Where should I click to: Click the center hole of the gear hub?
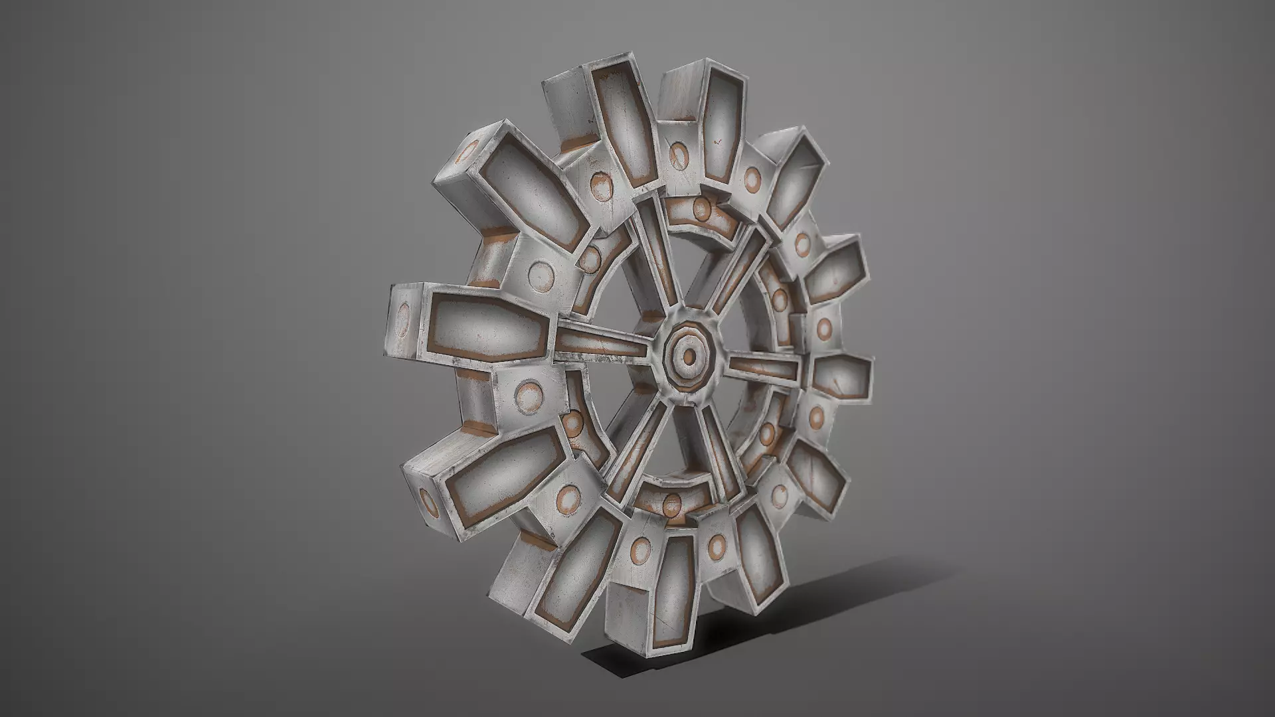[x=689, y=357]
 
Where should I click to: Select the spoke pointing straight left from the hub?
[x=601, y=347]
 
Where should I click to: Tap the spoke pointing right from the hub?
[x=764, y=367]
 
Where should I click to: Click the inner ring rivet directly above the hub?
[x=701, y=208]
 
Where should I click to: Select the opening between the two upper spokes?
[x=691, y=266]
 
